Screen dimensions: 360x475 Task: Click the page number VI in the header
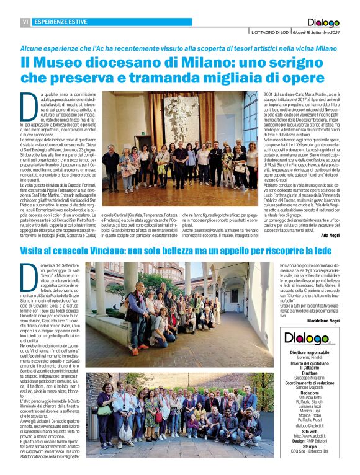pos(26,22)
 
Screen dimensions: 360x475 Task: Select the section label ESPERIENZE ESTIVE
pos(60,22)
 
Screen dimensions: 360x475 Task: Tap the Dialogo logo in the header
pos(323,22)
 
